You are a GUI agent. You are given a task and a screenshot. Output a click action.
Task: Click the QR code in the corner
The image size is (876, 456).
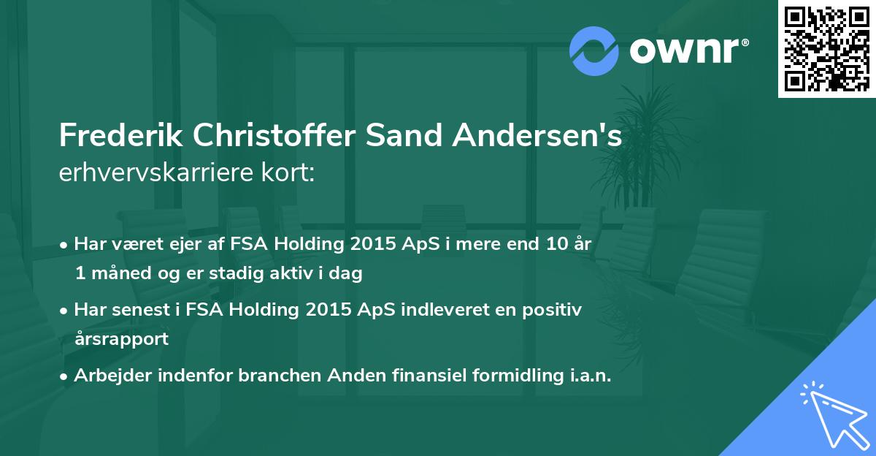(x=826, y=49)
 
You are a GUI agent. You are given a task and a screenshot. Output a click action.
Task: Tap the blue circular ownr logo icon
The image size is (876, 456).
(x=594, y=51)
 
